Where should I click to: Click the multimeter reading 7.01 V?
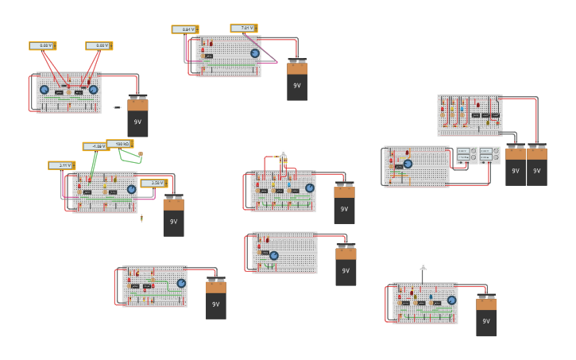[243, 28]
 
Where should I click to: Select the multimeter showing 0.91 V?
[184, 29]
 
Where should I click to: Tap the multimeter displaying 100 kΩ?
[119, 144]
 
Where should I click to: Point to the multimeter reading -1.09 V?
[95, 146]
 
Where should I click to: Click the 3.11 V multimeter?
[61, 165]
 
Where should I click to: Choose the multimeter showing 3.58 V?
[153, 184]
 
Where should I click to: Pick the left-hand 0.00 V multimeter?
[43, 45]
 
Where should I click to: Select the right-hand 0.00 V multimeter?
[99, 45]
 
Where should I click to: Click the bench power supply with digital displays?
[477, 154]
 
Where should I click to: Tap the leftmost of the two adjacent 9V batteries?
[515, 166]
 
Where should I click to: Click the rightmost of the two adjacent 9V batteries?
[537, 166]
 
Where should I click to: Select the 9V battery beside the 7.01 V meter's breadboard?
[297, 81]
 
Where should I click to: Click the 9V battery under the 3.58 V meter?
[173, 216]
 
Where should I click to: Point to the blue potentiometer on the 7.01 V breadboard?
[255, 53]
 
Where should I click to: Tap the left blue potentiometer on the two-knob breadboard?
[44, 90]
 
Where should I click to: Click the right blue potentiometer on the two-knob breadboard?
[93, 90]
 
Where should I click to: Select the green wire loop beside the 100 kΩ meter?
[130, 157]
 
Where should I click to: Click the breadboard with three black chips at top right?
[469, 115]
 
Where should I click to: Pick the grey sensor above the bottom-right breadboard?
[423, 269]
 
